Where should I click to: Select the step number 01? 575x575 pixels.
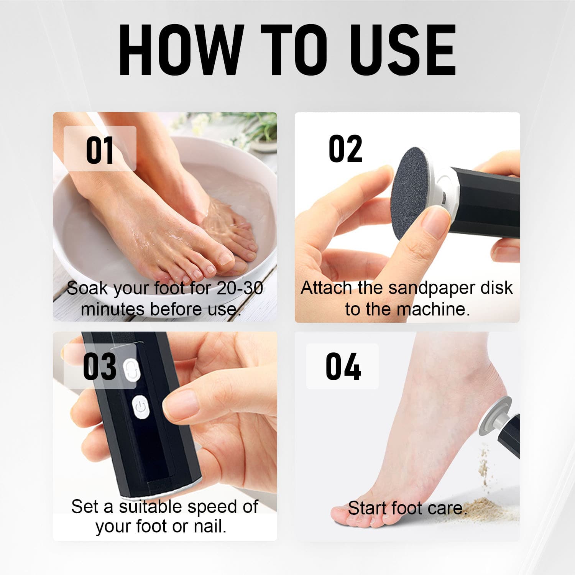pos(100,150)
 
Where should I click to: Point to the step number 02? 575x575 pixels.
pos(345,149)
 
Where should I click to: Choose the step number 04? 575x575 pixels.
pos(343,366)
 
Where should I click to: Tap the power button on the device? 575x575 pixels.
pos(141,407)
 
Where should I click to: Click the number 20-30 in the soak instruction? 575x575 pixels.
pos(240,288)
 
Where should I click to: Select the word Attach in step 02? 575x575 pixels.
pos(326,288)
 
